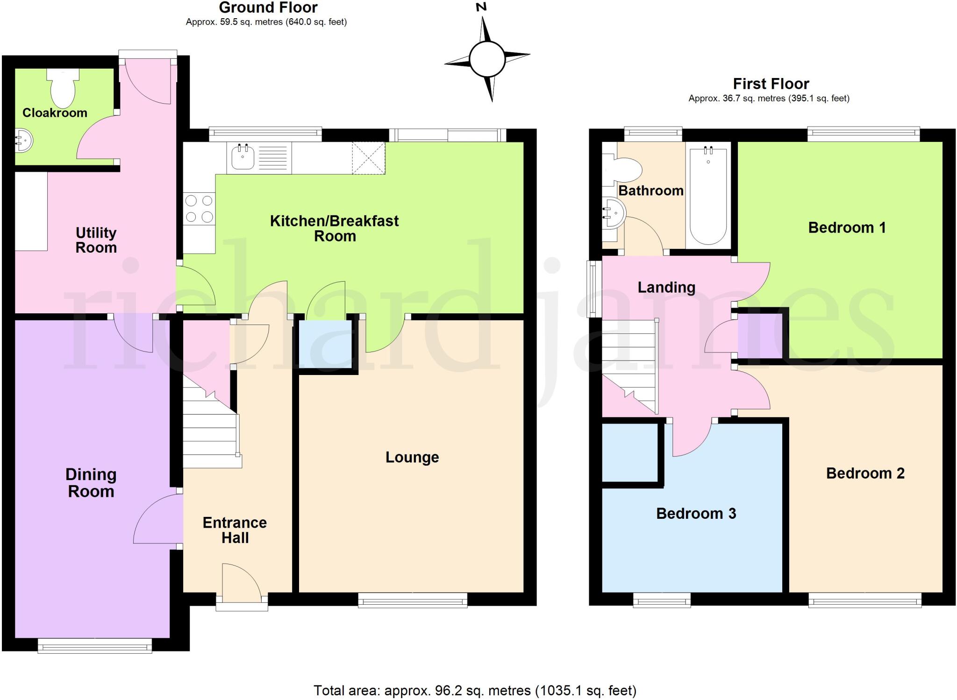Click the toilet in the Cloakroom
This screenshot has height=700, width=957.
point(63,89)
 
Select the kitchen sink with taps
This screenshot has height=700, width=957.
point(243,157)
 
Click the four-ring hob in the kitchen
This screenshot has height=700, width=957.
point(199,209)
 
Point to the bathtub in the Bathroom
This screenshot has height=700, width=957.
point(708,195)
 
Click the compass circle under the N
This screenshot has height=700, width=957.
point(487,60)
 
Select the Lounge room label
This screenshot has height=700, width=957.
point(412,457)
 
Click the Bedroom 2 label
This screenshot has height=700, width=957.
point(865,473)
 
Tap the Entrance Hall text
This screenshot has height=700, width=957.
point(235,530)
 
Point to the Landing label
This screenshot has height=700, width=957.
point(666,287)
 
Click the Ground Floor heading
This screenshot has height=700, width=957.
point(268,7)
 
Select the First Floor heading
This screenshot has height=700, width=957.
point(771,84)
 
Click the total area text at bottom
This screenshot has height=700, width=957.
point(475,690)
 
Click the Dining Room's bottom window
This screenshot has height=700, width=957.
point(95,646)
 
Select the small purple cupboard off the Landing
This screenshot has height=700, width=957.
point(759,335)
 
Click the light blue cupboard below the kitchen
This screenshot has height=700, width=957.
point(325,343)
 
